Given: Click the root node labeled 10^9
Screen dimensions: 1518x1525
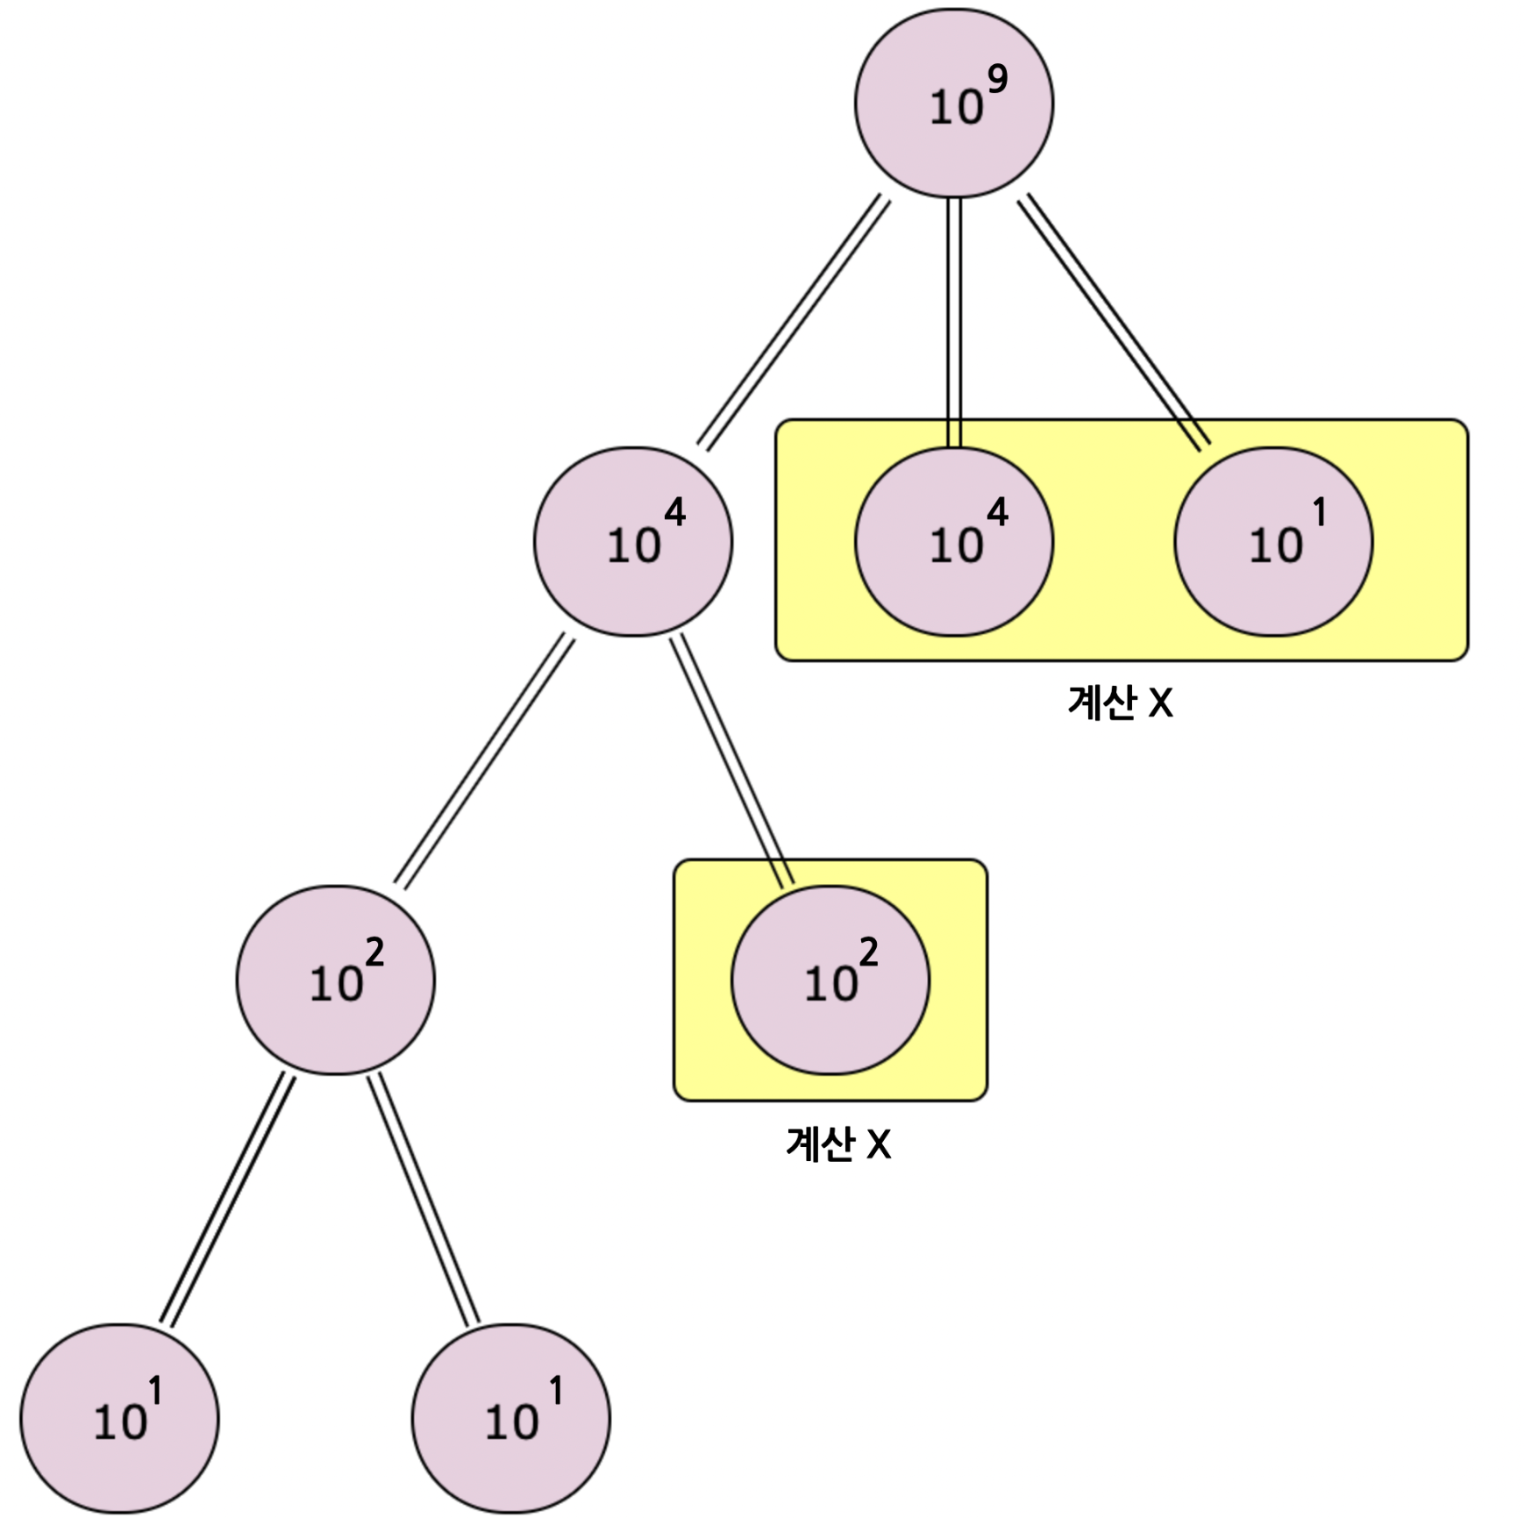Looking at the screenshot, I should tap(953, 103).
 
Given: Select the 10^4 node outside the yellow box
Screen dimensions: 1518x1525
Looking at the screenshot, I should tap(632, 541).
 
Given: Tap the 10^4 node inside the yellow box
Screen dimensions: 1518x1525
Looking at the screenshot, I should tap(953, 541).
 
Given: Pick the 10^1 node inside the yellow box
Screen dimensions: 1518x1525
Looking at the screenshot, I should tap(1273, 541).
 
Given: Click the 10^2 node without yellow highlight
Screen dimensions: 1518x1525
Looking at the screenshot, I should tap(335, 980).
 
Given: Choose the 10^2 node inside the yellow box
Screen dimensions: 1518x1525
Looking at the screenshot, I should tap(830, 980).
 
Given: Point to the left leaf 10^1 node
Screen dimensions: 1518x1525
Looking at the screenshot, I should tap(119, 1418).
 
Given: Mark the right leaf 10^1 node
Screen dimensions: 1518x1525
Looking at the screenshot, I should tap(510, 1418).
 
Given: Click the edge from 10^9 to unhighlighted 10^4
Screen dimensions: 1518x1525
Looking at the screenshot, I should tap(794, 323).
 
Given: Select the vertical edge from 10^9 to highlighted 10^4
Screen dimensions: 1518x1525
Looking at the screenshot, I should tap(954, 323).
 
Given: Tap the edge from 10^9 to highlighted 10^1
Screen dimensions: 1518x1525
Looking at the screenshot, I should tap(1114, 323).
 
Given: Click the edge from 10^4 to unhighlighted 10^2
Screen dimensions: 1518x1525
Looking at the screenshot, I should tap(484, 761).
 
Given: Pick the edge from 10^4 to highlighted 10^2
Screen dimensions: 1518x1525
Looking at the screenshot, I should tap(731, 759).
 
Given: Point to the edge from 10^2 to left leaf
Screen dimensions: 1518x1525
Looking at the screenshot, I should tap(227, 1199).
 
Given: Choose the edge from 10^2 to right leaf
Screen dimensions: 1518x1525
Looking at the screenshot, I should tap(423, 1199).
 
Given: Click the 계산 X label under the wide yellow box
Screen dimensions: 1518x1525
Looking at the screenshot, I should tap(1120, 703).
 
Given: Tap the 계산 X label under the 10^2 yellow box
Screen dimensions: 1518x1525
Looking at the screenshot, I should tap(838, 1144).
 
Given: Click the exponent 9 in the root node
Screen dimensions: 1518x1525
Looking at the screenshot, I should tap(998, 80).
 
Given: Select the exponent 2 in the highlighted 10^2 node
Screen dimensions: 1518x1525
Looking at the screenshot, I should tap(868, 951).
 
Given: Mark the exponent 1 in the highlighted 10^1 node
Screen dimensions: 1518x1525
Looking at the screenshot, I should tap(1319, 512).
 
